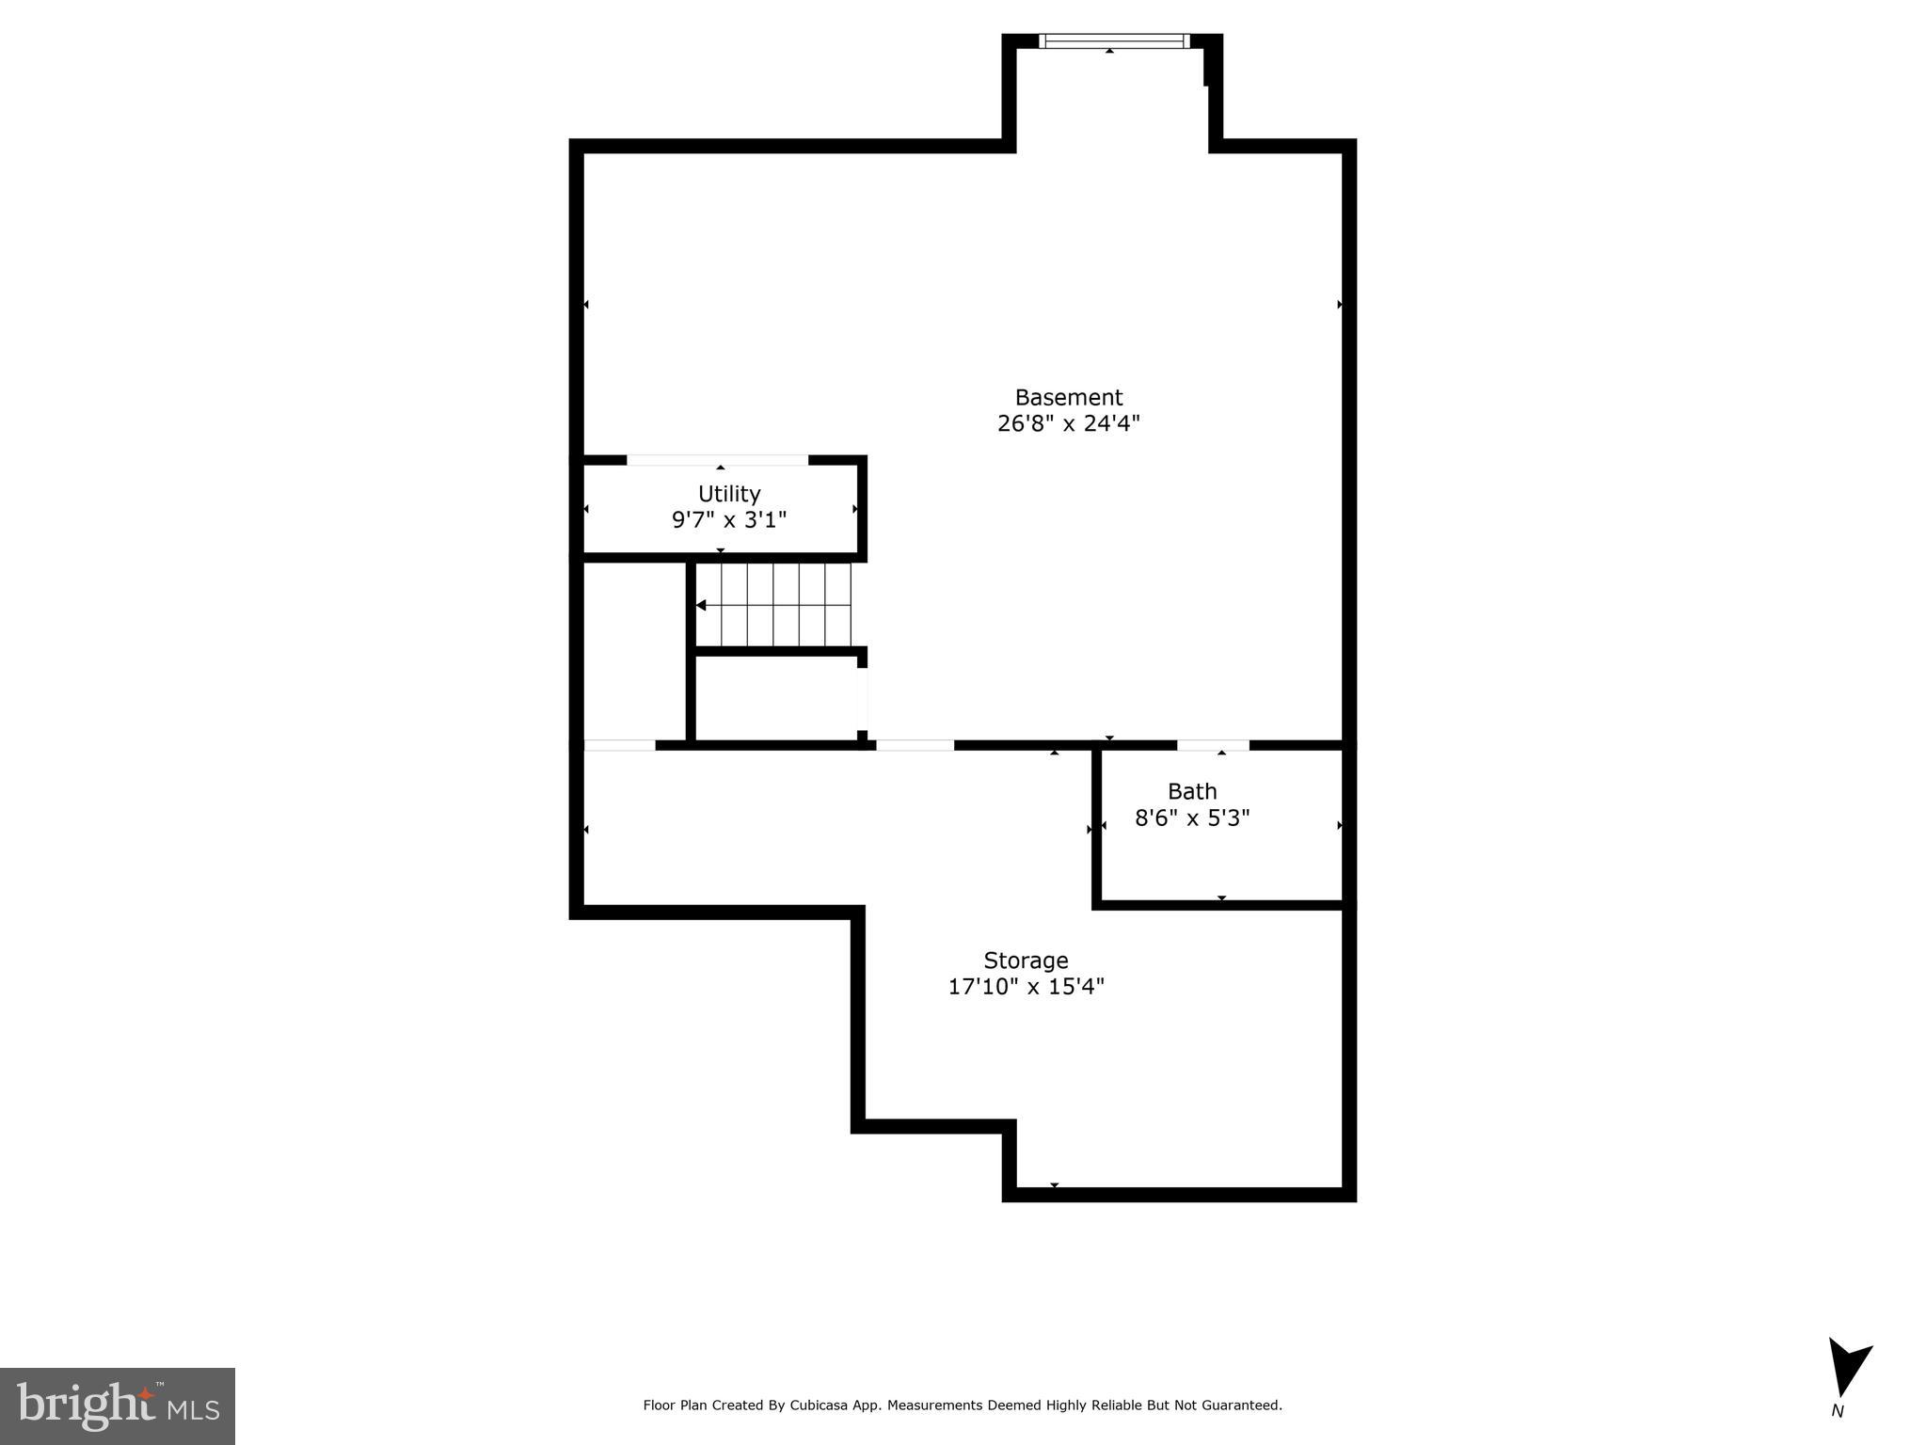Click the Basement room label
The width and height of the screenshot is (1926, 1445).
point(1068,398)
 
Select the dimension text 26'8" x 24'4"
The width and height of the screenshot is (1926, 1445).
point(1068,424)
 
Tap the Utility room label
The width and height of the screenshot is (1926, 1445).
point(728,494)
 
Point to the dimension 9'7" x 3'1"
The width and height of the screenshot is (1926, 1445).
point(728,520)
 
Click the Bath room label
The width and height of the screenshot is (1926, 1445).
point(1192,791)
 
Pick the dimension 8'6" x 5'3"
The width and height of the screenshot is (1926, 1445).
point(1192,818)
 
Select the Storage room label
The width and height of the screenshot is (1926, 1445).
point(1026,961)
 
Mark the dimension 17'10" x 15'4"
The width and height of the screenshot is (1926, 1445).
point(1026,987)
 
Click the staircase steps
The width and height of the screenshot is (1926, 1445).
point(786,604)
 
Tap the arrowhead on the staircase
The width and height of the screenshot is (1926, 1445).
point(701,605)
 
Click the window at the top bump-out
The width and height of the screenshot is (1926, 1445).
point(1114,41)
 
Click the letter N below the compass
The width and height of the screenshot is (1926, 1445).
point(1837,1411)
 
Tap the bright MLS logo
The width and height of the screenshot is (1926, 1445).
point(117,1405)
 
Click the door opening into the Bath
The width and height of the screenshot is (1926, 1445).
point(1213,745)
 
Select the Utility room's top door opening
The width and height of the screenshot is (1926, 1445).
point(717,460)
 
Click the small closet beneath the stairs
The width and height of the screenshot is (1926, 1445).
point(776,696)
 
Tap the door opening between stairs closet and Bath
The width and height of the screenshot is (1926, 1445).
point(915,745)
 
